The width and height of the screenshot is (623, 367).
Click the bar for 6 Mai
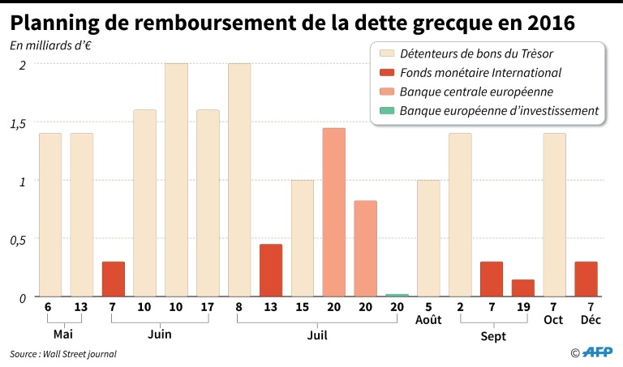[50, 215]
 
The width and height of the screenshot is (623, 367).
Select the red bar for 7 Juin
[114, 280]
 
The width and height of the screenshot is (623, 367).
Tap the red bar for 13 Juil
[271, 271]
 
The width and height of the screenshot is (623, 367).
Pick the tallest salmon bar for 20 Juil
[334, 212]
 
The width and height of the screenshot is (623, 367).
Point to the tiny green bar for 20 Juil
[397, 296]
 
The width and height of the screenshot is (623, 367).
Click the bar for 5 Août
[428, 238]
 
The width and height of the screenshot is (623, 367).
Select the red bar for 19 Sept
[523, 288]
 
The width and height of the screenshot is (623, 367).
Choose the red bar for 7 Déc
[586, 280]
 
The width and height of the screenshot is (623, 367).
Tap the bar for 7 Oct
[555, 215]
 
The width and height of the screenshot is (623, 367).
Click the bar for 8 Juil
[239, 180]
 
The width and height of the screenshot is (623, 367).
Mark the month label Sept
[492, 335]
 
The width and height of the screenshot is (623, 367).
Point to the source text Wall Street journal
[79, 354]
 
